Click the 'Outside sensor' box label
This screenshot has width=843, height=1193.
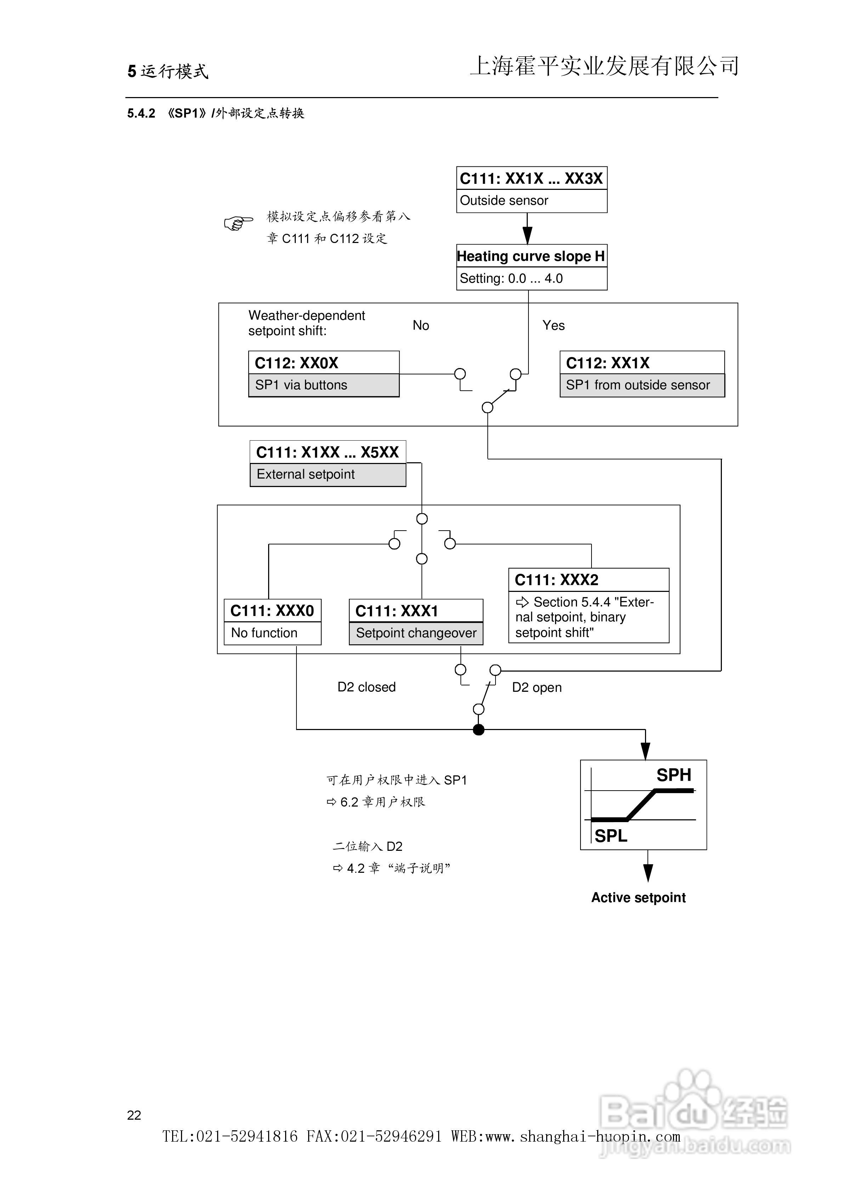click(504, 200)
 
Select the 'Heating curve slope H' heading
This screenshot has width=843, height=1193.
click(531, 256)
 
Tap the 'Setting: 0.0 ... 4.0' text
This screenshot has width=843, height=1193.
click(511, 278)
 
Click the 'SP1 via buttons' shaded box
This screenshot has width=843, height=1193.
click(324, 385)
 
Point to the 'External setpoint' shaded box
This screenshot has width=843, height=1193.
click(328, 474)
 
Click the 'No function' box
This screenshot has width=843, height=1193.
click(272, 633)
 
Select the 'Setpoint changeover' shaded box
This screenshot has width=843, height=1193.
click(416, 633)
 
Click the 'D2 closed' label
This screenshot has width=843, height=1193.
click(366, 687)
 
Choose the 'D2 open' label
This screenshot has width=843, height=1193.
click(537, 688)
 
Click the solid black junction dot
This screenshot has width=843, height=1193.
click(479, 730)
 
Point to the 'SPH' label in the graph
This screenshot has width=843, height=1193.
click(674, 775)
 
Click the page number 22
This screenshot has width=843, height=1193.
click(134, 1115)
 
